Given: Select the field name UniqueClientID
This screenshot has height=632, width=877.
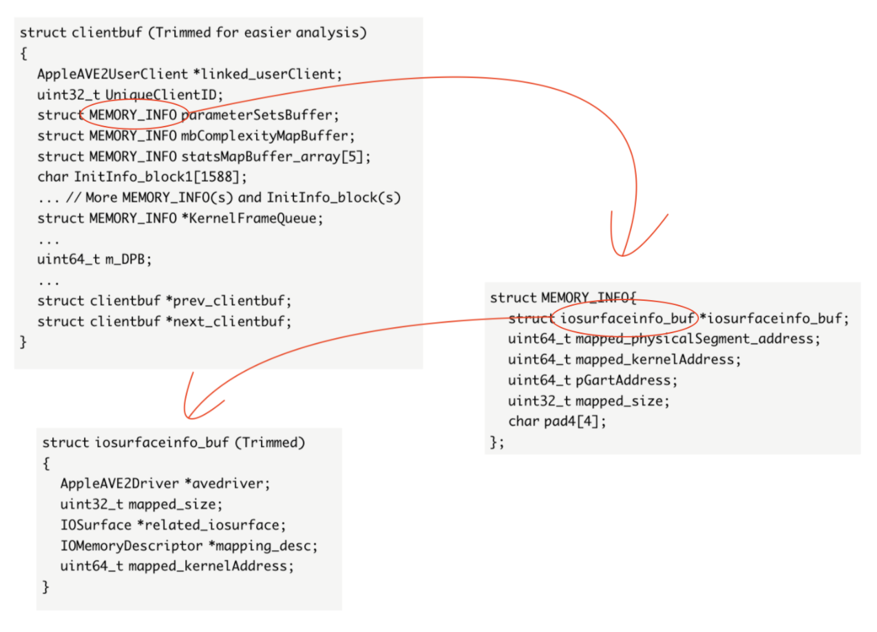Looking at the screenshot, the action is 161,95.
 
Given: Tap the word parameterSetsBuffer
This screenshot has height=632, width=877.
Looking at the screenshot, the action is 257,116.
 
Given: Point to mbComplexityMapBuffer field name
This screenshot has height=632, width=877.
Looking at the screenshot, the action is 264,136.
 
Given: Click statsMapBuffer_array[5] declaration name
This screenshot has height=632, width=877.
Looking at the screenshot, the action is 273,157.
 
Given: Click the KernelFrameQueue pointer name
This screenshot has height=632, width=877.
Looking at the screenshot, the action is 253,218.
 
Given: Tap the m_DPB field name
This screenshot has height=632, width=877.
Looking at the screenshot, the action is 125,260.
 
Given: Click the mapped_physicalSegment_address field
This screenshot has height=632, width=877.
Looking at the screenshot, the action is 695,339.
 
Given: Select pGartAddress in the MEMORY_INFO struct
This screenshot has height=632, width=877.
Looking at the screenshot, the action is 623,381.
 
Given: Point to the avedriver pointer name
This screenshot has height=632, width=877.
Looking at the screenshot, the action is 228,484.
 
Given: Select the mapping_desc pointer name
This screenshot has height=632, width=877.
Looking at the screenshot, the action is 263,546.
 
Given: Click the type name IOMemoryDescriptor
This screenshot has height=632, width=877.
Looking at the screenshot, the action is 131,546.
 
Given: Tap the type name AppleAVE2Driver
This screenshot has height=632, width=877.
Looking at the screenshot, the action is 119,484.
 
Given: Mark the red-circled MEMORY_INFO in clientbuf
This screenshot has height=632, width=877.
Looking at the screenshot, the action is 133,115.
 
